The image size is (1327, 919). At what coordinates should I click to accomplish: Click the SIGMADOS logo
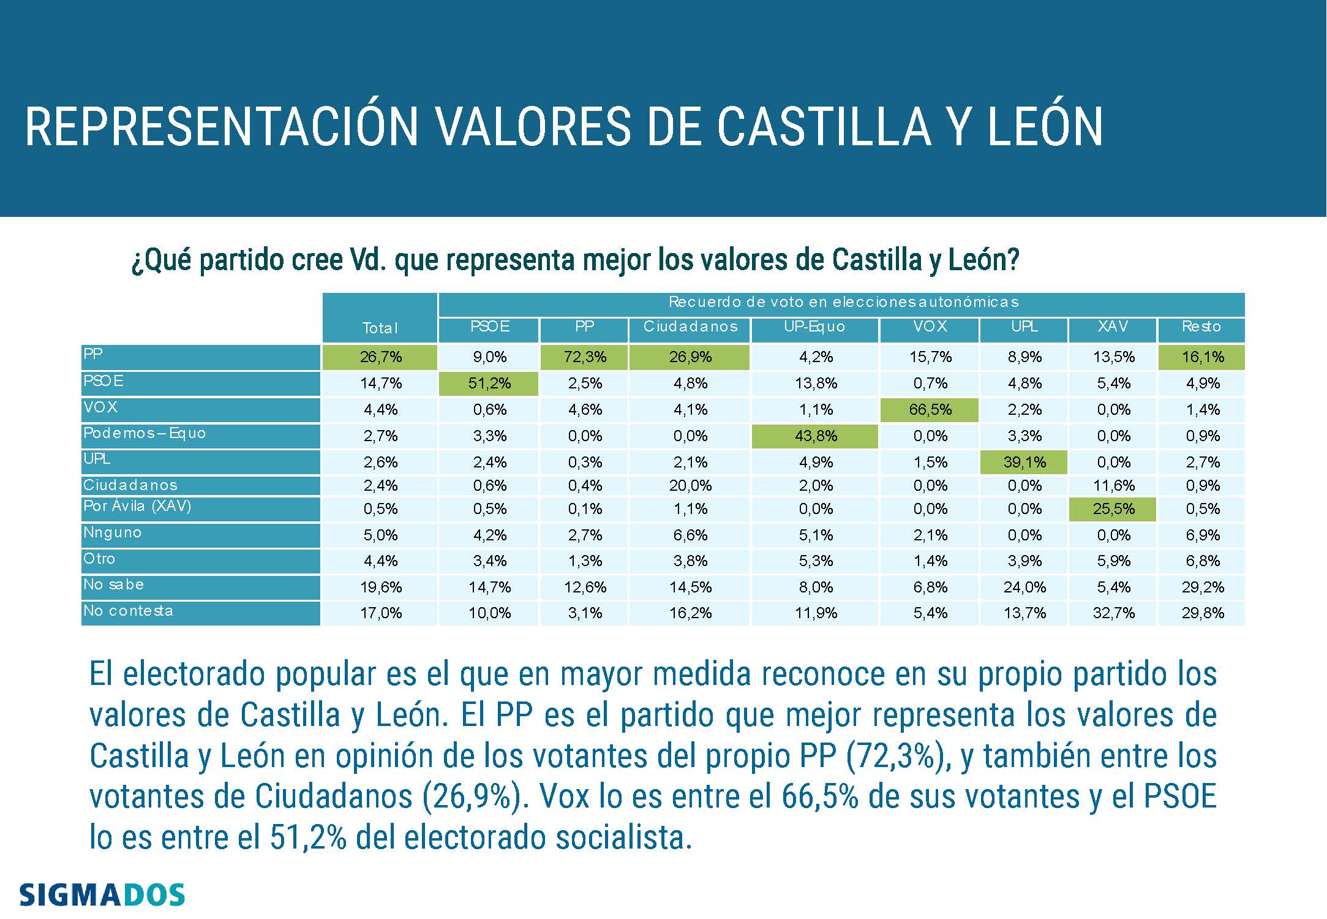(x=102, y=895)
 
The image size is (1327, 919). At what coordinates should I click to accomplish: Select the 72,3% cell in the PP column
(x=585, y=357)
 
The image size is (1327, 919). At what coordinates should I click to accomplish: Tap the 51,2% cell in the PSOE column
(x=489, y=384)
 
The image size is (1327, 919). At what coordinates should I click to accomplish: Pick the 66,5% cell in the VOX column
(x=930, y=410)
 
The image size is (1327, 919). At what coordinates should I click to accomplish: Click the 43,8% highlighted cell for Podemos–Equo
(x=815, y=436)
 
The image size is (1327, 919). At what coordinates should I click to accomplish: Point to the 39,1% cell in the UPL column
(x=1024, y=463)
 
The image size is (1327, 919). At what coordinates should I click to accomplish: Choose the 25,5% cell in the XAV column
(x=1113, y=509)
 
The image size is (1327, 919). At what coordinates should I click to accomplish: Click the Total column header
(x=380, y=328)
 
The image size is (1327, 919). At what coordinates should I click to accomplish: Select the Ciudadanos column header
(x=690, y=327)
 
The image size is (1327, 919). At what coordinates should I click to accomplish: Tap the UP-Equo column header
(x=814, y=327)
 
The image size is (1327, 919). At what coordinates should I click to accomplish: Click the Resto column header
(x=1201, y=327)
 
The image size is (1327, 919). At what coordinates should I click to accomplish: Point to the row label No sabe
(x=114, y=585)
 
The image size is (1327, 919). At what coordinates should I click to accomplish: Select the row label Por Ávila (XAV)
(x=137, y=507)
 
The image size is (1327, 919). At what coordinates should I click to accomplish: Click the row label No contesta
(x=128, y=611)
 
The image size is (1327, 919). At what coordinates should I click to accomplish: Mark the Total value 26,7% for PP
(x=380, y=357)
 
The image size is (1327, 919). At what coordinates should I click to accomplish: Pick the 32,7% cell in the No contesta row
(x=1113, y=613)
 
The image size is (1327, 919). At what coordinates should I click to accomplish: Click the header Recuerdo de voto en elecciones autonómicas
(x=843, y=302)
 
